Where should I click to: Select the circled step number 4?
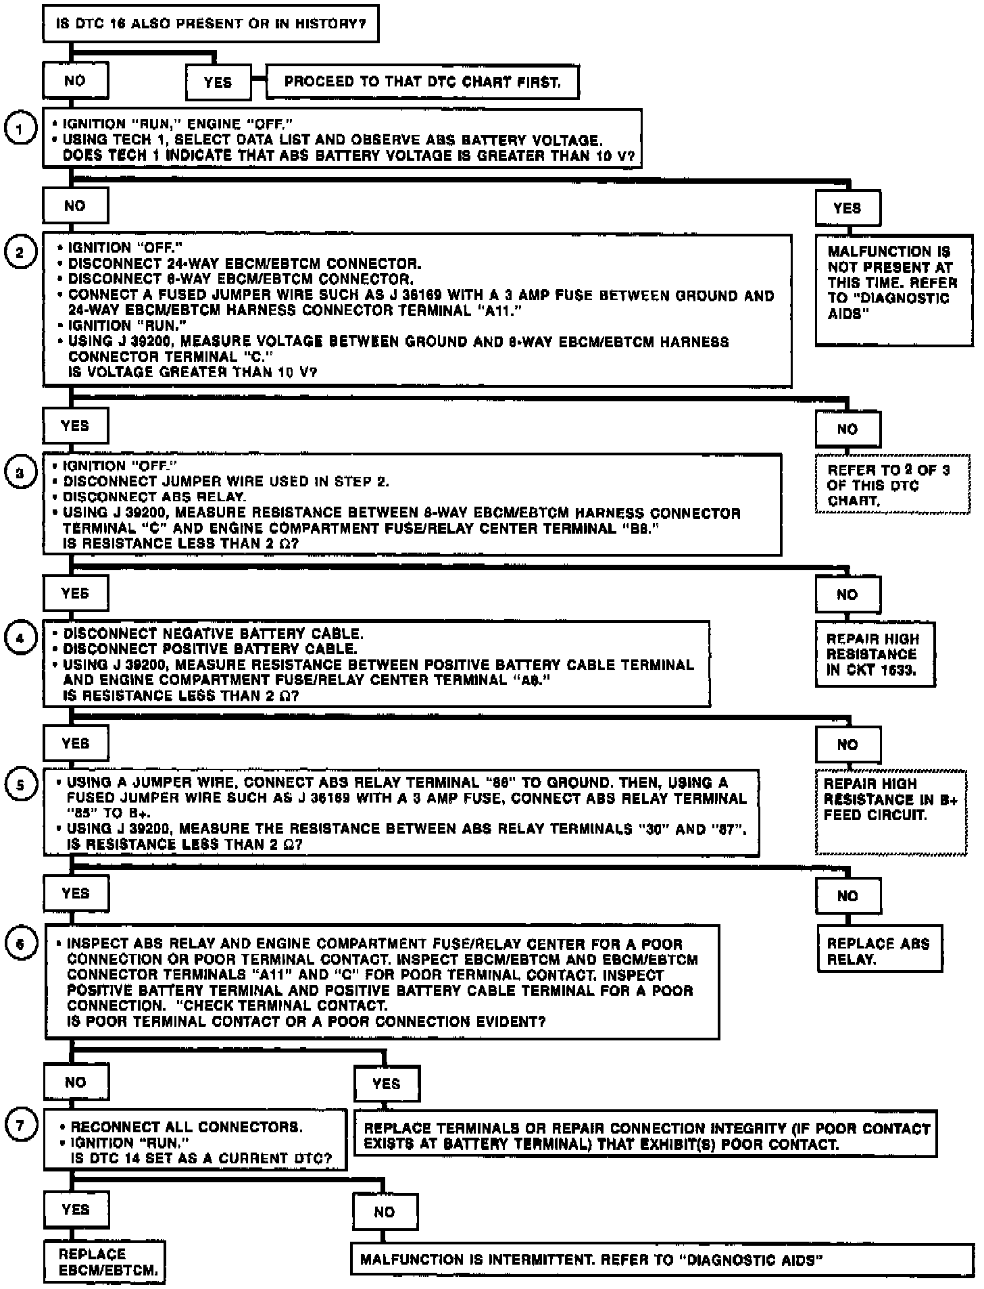[x=21, y=638]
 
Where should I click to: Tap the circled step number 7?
[x=21, y=1126]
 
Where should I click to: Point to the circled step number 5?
[x=21, y=786]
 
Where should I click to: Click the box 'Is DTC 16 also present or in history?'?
[x=210, y=24]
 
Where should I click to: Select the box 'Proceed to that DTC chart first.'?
[x=422, y=82]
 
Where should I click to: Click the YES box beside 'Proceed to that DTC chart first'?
[x=218, y=82]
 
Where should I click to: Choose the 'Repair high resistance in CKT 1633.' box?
[x=875, y=654]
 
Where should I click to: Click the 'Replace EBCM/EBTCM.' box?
[x=105, y=1262]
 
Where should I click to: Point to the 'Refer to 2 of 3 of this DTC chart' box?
[x=891, y=485]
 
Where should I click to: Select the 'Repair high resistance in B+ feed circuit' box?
[x=891, y=811]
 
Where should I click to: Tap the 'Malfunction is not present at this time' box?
[x=893, y=289]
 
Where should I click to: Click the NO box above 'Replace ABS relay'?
[x=847, y=896]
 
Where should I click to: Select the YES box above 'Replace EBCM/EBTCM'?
[x=76, y=1209]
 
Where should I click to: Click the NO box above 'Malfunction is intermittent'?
[x=385, y=1212]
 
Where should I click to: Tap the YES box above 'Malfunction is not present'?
[x=847, y=208]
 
